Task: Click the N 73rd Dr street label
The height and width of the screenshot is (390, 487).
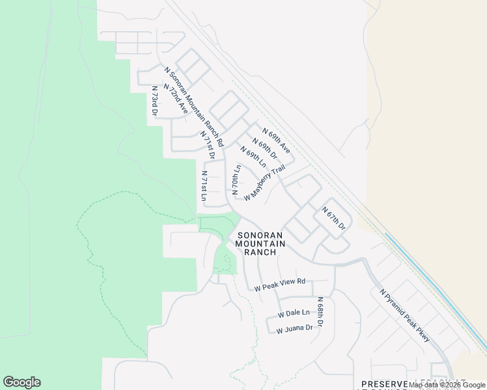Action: [155, 101]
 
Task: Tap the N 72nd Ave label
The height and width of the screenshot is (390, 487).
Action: [176, 99]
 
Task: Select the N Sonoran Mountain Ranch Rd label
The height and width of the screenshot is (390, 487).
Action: [194, 106]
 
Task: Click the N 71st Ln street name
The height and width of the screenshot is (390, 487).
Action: [204, 186]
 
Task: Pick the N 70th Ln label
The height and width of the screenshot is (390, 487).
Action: [236, 180]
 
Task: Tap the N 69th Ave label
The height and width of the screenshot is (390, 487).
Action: [276, 140]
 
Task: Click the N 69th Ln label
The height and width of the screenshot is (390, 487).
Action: [253, 158]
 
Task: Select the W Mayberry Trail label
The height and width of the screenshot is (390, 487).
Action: [265, 183]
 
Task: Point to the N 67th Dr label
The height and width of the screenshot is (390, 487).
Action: [333, 218]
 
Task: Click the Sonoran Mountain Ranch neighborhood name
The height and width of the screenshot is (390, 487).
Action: [260, 244]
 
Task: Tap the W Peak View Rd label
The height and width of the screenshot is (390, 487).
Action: [280, 284]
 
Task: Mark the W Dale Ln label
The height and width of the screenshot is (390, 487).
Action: [294, 313]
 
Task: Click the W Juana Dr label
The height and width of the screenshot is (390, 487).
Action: [294, 329]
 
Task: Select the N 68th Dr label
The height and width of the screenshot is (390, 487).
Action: [320, 312]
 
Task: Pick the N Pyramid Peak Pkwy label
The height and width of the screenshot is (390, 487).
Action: [404, 311]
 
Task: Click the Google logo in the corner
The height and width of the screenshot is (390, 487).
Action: [21, 382]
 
